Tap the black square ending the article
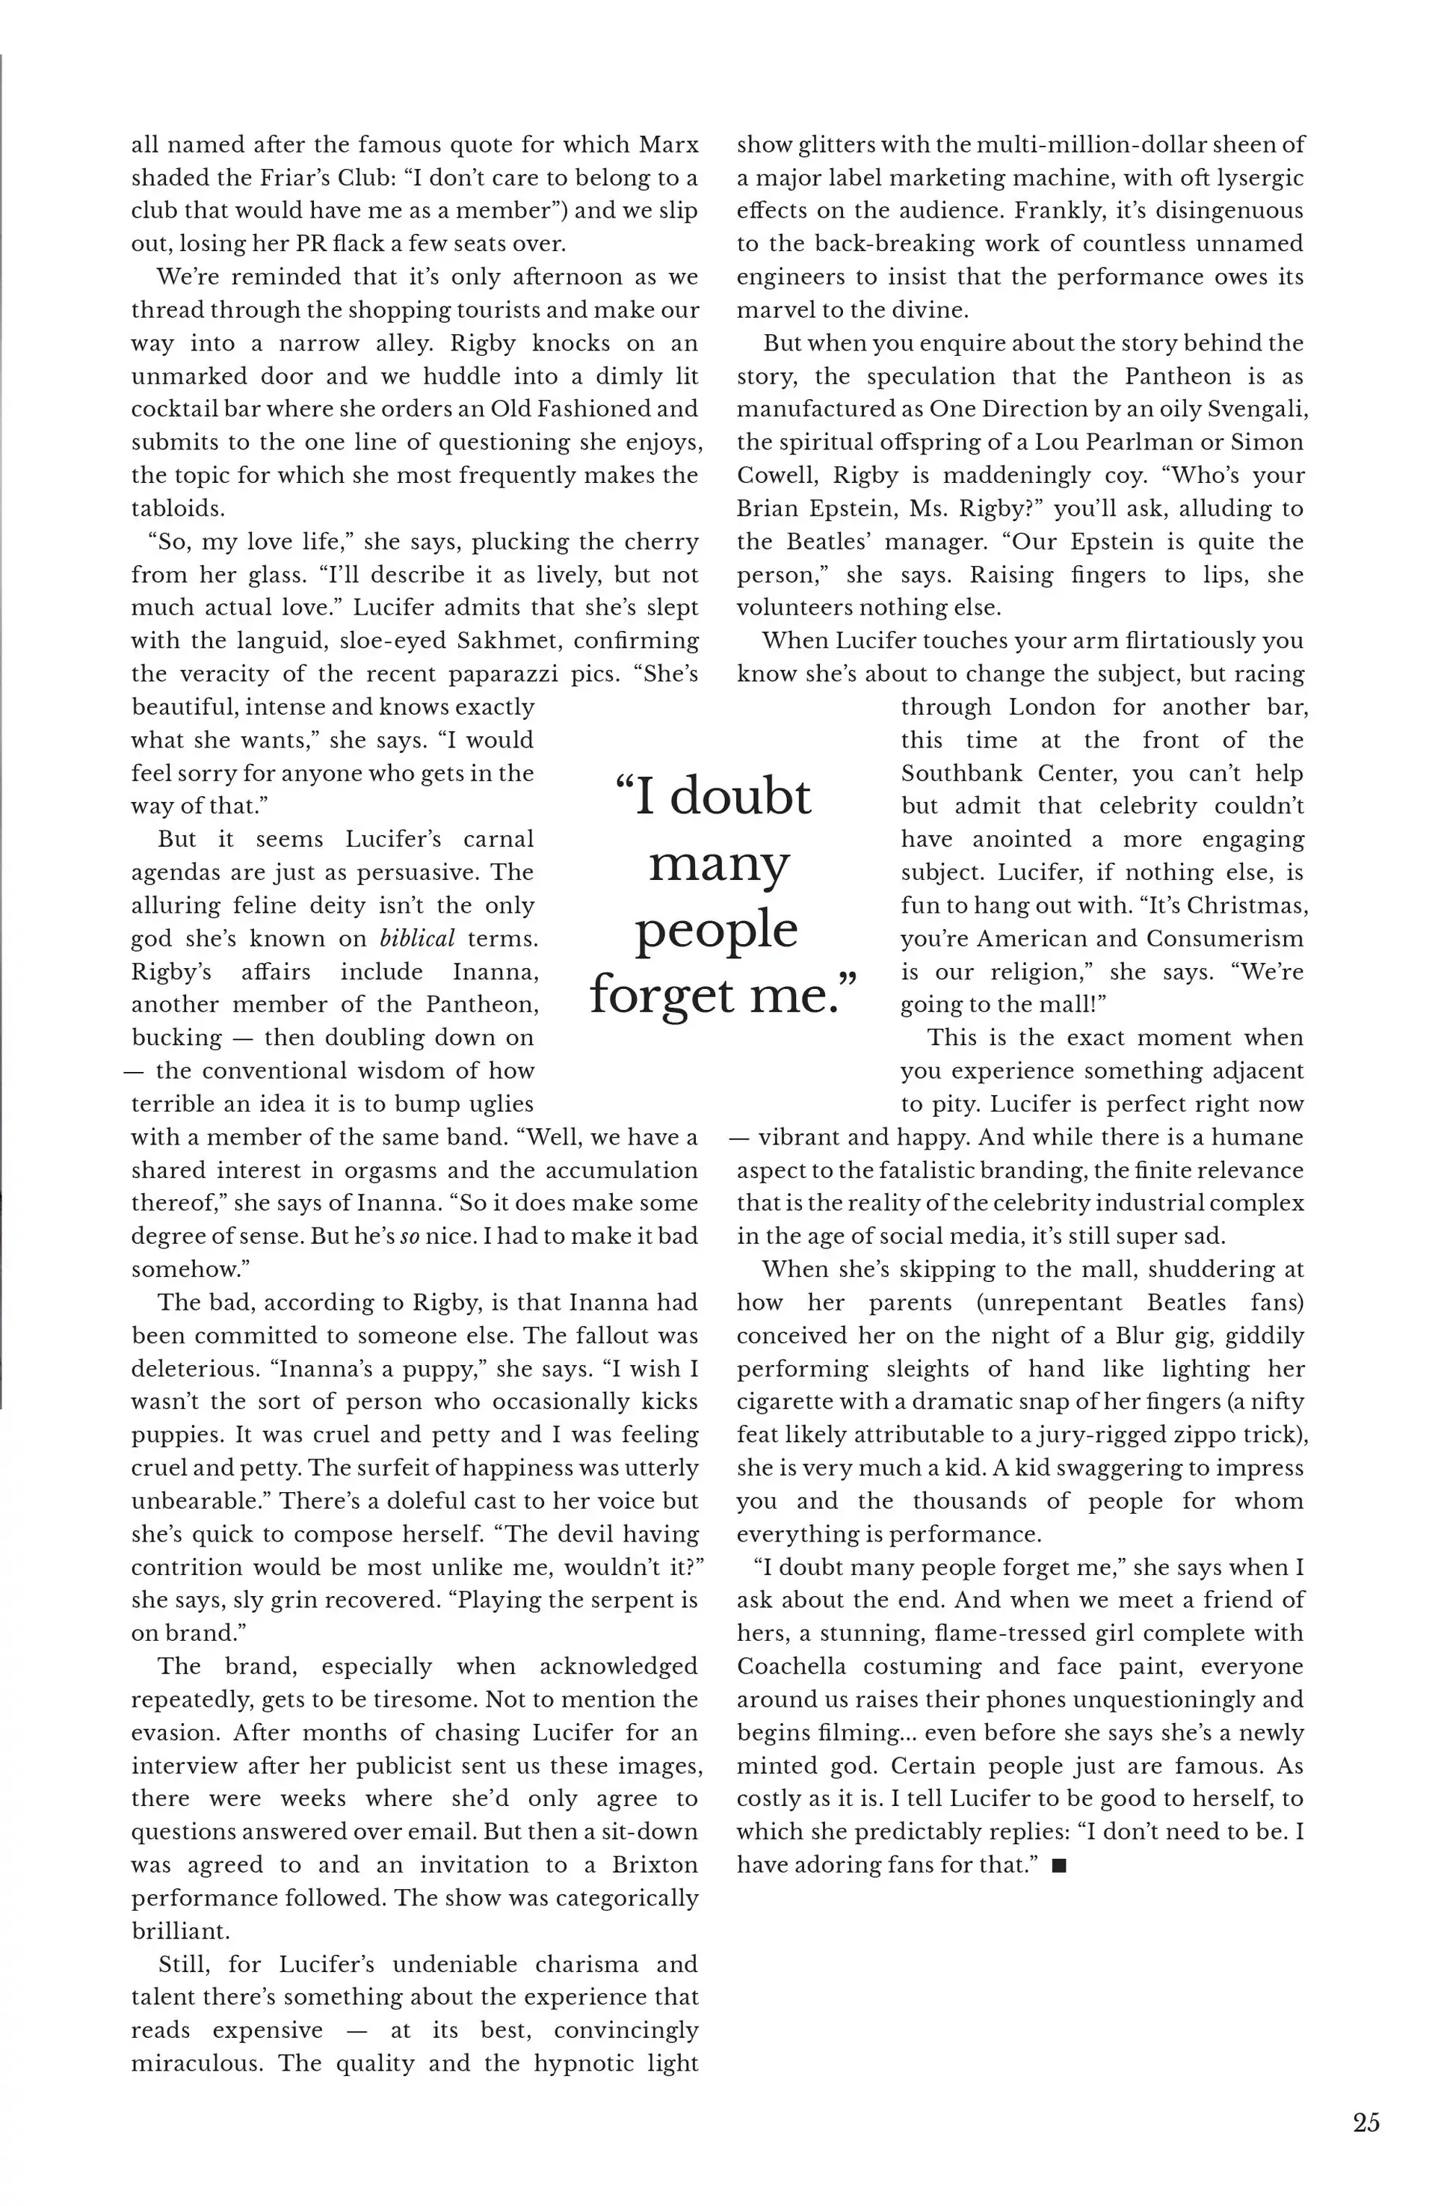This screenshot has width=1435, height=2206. (1061, 1866)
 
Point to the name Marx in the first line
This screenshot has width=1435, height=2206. (668, 144)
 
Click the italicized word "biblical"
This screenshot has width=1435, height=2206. (417, 938)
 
